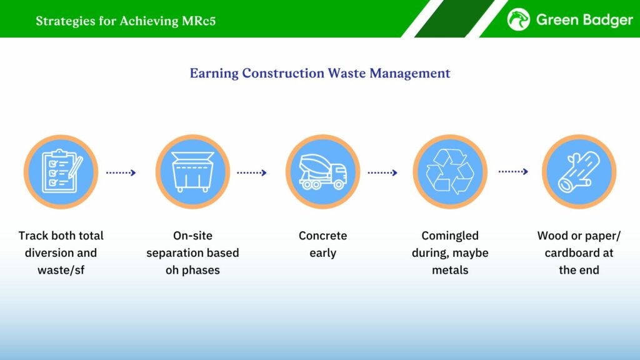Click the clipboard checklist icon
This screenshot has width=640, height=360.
tap(61, 171)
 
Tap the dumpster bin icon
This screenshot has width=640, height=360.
tap(192, 172)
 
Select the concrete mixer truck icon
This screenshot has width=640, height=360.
tap(322, 172)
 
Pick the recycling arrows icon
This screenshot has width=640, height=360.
tap(450, 171)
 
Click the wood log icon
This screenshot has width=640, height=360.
tap(579, 172)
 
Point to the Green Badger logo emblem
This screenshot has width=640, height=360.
tap(518, 19)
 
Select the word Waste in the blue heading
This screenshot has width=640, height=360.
tap(347, 73)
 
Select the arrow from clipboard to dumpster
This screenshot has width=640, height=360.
tap(121, 172)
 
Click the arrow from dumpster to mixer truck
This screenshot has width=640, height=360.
tap(252, 172)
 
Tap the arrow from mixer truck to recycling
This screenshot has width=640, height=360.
tap(382, 172)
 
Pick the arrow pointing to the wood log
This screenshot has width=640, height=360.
tap(514, 171)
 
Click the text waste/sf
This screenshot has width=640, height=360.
tap(61, 270)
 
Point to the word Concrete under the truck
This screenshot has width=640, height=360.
tap(323, 236)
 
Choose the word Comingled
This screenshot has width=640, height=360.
tap(450, 236)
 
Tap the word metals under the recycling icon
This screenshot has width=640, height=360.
tap(450, 270)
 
